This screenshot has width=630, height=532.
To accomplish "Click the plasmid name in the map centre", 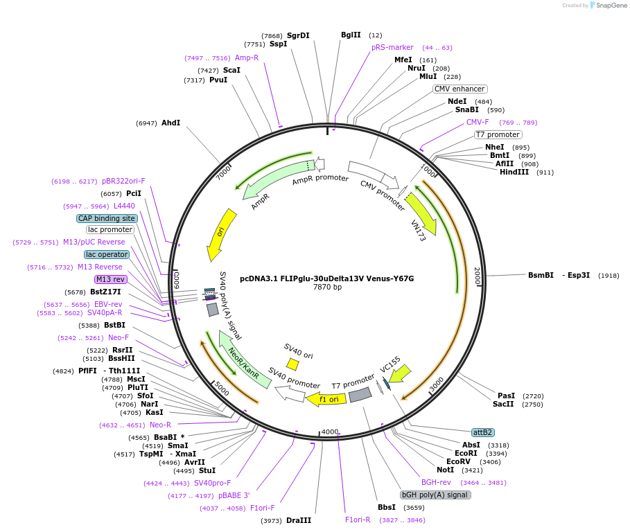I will (x=327, y=278).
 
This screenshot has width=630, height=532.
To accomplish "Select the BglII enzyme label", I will (x=351, y=35).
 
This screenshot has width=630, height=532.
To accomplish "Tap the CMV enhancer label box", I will (x=460, y=89).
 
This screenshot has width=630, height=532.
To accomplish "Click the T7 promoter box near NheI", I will (x=498, y=134).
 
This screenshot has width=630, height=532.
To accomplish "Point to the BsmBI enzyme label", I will (x=541, y=275).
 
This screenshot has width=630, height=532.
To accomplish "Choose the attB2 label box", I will (x=482, y=432).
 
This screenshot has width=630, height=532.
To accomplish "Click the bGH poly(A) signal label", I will (x=435, y=495).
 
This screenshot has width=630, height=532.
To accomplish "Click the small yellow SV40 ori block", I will (x=293, y=364).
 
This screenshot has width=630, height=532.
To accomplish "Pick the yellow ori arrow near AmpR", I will (x=222, y=234).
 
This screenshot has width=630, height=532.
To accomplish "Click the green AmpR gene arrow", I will (x=270, y=183).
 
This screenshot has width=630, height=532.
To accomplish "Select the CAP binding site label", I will (x=107, y=218).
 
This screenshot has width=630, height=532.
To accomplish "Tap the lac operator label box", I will (x=107, y=254).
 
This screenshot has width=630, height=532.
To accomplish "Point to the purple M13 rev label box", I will (x=111, y=279).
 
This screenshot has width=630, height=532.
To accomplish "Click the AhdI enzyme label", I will (x=170, y=123).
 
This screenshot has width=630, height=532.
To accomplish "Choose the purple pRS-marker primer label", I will (x=392, y=47).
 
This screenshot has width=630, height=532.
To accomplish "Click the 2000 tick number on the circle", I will (x=477, y=276).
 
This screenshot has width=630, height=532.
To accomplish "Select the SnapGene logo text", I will (x=611, y=6).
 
